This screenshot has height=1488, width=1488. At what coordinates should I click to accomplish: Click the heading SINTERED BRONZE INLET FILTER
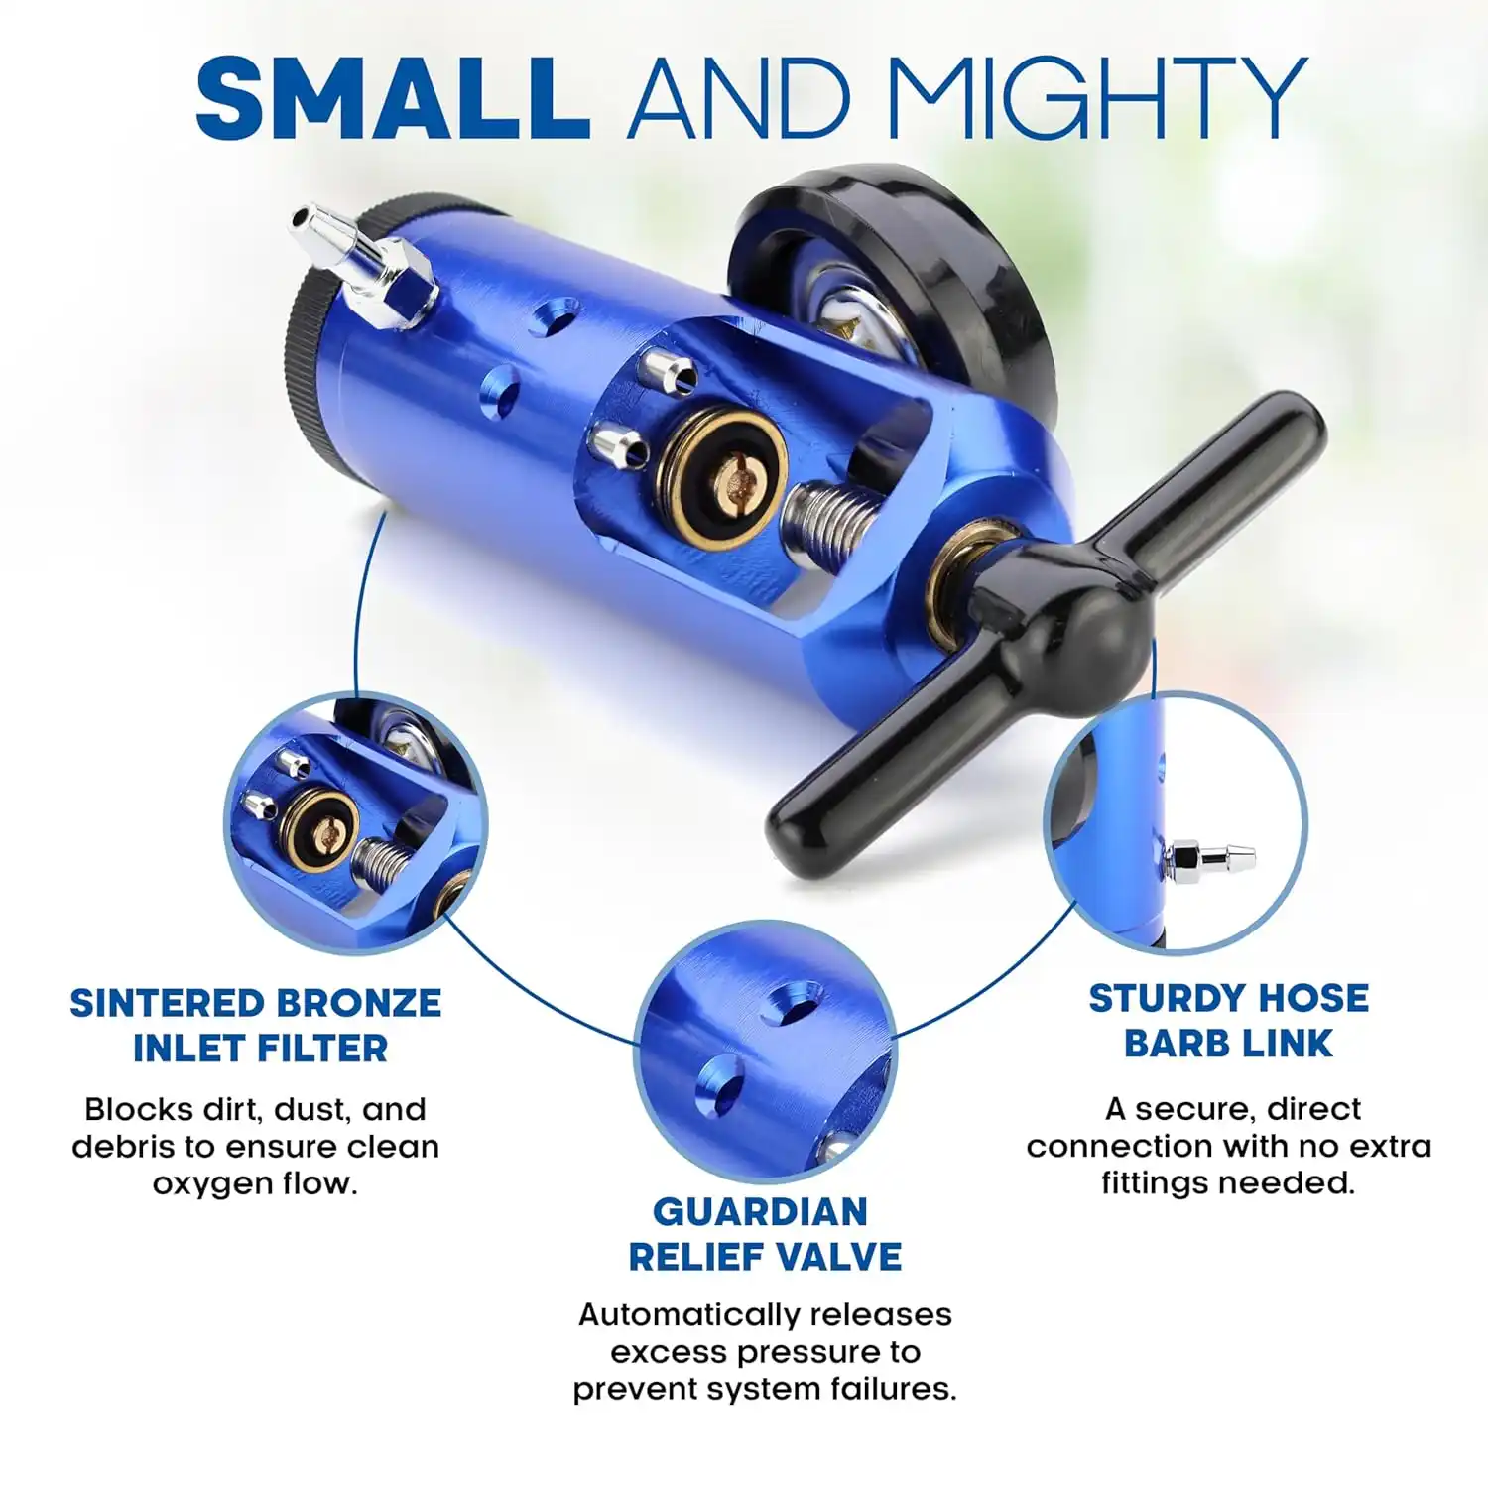coord(256,1026)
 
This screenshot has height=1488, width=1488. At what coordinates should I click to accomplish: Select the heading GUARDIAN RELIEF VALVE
coord(765,1234)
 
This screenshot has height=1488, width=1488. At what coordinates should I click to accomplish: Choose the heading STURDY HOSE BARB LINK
coord(1229,1021)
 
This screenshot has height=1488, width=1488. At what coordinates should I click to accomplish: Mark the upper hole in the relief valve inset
coord(792,1004)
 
